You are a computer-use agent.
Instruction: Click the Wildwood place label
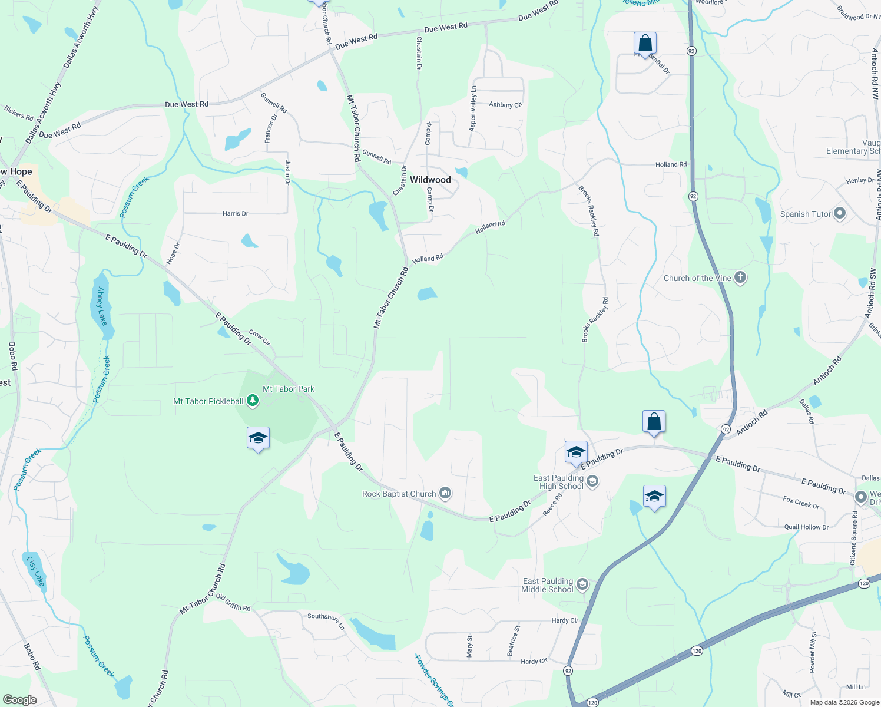430,180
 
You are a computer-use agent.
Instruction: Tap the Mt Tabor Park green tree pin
253,401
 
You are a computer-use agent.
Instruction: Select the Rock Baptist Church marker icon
445,493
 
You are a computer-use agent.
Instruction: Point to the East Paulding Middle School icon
582,584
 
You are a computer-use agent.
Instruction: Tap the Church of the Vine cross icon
740,277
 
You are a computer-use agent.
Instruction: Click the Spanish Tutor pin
840,214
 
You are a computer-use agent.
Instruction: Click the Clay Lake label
36,571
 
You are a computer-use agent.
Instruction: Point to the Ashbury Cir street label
505,105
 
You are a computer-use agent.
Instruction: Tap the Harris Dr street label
235,213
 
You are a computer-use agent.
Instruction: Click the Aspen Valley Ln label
473,108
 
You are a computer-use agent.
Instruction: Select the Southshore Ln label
326,620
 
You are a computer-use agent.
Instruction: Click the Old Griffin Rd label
233,602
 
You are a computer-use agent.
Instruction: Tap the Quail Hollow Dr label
806,527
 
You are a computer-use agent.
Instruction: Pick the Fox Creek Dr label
801,503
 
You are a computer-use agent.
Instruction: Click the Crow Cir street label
259,338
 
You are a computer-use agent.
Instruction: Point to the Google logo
19,700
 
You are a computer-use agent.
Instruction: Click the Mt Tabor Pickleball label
208,401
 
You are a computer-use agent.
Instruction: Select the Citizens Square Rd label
854,538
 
